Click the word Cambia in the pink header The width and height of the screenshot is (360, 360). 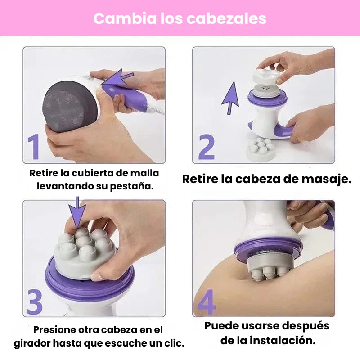pos(125,18)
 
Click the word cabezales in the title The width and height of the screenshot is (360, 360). pos(226,18)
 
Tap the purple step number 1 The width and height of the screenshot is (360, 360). pos(34,147)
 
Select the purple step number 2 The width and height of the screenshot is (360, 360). pos(207,147)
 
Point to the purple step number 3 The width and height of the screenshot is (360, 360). pos(35,302)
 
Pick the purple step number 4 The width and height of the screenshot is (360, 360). pos(207,301)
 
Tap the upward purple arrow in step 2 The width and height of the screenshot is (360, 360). pos(230,98)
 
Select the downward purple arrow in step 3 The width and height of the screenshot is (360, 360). pos(77,212)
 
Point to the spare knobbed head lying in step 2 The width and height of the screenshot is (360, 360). pos(261,149)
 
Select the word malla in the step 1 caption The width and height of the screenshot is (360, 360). pos(144,173)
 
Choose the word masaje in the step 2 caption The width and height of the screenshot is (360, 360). pos(327,179)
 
